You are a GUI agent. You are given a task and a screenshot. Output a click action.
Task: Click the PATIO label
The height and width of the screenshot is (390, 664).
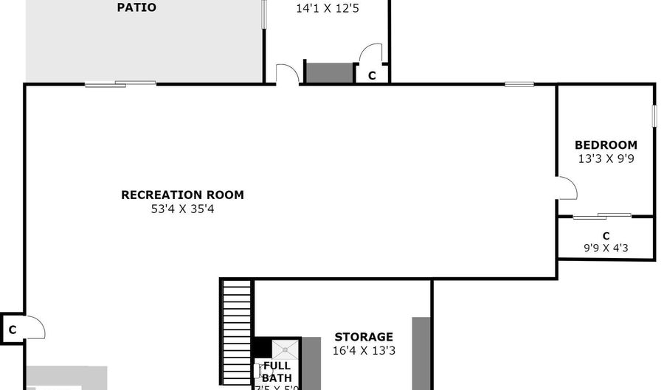(x=136, y=8)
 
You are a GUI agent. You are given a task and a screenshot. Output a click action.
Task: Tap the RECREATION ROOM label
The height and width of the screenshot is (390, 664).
(x=182, y=195)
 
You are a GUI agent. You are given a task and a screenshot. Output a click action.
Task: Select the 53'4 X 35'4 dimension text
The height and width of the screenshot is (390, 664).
(x=182, y=209)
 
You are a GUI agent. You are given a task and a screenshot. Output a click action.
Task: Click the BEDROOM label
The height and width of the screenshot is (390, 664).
(x=606, y=145)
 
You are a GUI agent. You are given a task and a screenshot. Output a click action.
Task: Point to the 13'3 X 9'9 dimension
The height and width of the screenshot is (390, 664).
(x=606, y=159)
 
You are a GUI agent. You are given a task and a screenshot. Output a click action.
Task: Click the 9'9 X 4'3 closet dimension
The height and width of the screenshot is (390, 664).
(x=606, y=248)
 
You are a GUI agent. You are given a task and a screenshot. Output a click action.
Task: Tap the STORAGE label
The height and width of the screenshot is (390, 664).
(x=364, y=337)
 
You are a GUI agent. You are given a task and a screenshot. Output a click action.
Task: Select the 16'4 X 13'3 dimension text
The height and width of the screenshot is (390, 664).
(x=364, y=351)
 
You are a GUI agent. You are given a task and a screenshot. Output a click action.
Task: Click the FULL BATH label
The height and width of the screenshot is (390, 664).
(x=277, y=372)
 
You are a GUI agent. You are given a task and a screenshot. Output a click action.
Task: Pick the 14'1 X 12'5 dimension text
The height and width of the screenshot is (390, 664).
(x=327, y=10)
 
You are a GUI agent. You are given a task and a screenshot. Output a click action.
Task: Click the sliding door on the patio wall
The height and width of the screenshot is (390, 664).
(x=120, y=84)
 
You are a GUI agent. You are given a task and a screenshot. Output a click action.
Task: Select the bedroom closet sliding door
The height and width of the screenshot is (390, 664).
(x=603, y=216)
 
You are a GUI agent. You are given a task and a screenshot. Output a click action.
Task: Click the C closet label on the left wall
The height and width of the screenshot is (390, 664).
(x=13, y=329)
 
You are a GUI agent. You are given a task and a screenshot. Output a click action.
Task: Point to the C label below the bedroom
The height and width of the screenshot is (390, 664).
(x=606, y=236)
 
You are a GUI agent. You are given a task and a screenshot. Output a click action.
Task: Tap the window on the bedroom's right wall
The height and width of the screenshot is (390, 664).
(x=654, y=116)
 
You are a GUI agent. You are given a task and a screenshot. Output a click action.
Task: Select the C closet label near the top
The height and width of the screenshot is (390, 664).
(x=372, y=75)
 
